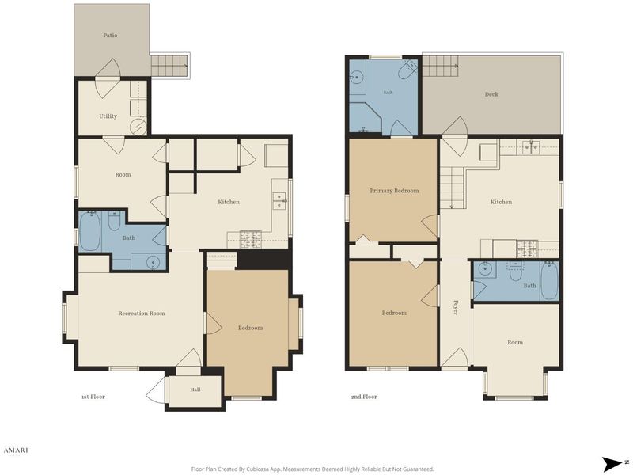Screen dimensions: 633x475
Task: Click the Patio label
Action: pyautogui.click(x=110, y=36)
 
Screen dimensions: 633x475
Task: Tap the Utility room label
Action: pyautogui.click(x=108, y=116)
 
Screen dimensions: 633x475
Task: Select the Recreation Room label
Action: pyautogui.click(x=142, y=313)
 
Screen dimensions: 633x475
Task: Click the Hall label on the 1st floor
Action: pyautogui.click(x=195, y=389)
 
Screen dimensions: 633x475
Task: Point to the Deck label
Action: pyautogui.click(x=491, y=94)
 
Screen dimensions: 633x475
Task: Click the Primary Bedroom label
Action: pyautogui.click(x=394, y=191)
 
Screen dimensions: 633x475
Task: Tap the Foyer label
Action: pyautogui.click(x=456, y=307)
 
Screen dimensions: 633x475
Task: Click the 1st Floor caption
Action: pyautogui.click(x=93, y=397)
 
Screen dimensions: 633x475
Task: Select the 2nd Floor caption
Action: pyautogui.click(x=364, y=397)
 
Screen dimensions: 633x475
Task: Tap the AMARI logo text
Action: pyautogui.click(x=16, y=450)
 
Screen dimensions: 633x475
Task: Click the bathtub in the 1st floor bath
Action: pyautogui.click(x=90, y=231)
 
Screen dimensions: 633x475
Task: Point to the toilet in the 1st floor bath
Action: pyautogui.click(x=114, y=221)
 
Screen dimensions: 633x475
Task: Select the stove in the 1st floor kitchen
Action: pyautogui.click(x=251, y=239)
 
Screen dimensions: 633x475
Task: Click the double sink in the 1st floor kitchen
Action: pyautogui.click(x=279, y=201)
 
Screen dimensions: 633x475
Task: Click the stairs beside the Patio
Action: pyautogui.click(x=169, y=65)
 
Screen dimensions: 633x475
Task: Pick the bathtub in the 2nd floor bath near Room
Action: pyautogui.click(x=549, y=281)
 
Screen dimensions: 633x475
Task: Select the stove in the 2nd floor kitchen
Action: pyautogui.click(x=527, y=249)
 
